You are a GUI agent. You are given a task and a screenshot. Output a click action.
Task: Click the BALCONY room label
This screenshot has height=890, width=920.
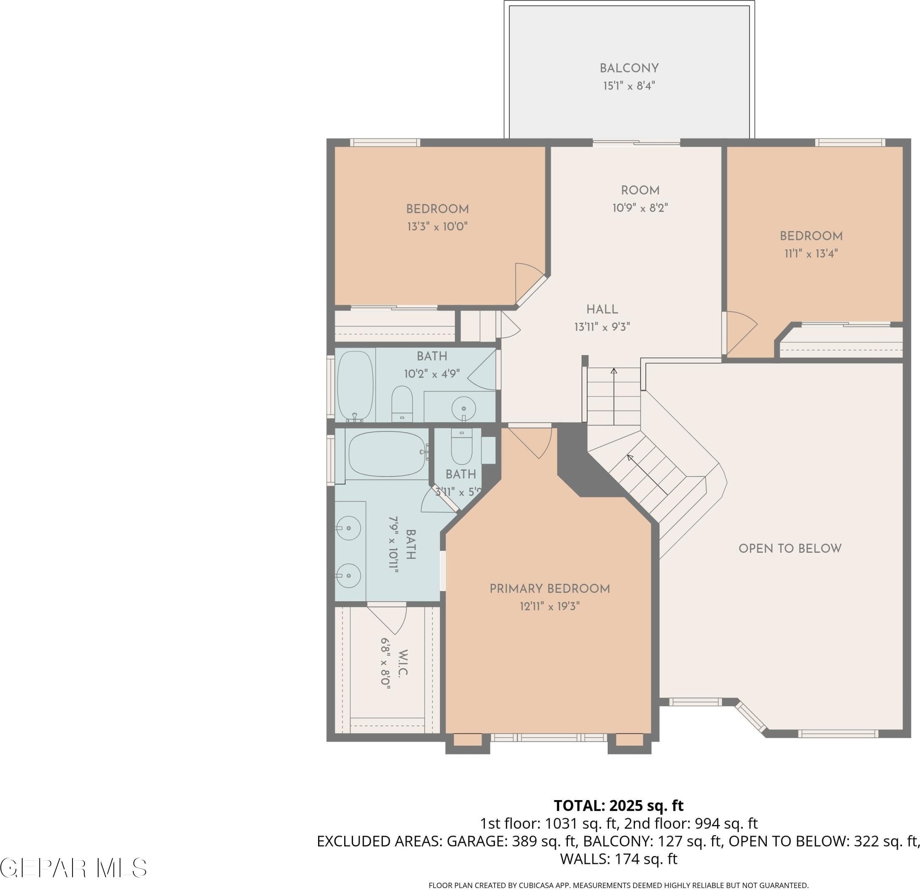629,68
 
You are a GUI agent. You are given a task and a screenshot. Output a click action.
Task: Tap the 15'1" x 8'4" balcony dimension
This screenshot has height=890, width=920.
629,86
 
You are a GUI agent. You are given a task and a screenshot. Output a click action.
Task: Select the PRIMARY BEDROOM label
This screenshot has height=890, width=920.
550,589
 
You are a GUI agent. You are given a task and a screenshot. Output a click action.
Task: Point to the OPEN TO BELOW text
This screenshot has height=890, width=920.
790,548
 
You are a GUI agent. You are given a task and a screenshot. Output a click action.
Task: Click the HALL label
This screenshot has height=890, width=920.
602,310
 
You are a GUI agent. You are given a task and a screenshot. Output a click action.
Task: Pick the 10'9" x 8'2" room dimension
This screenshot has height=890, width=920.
640,208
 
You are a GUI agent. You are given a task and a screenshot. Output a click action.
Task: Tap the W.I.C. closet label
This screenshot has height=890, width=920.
403,663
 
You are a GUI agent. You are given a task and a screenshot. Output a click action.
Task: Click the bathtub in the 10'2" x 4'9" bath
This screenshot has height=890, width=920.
355,386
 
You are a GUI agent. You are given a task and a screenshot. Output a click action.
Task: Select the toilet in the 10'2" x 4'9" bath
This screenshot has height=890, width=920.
402,404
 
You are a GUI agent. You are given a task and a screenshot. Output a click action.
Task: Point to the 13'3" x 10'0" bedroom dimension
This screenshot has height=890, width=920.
437,227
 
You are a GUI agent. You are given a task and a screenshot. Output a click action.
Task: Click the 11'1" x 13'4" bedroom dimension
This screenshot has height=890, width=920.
811,254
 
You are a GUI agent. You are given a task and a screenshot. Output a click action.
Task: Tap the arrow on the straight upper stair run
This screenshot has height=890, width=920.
614,396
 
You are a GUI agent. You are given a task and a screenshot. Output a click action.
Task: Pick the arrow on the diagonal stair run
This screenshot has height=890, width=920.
647,474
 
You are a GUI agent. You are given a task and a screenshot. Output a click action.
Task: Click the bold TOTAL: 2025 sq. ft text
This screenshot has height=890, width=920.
619,805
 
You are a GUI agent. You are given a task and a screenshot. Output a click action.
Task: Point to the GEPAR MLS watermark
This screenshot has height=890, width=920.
74,868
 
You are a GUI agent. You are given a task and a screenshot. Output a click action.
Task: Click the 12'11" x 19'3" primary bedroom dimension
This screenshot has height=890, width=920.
550,607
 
